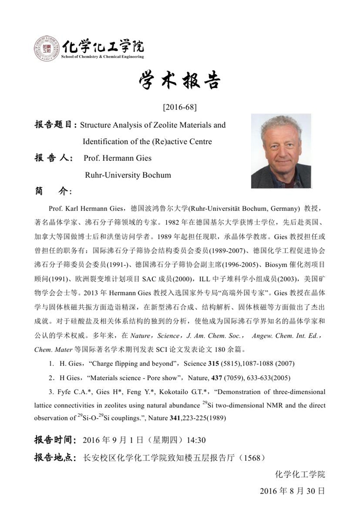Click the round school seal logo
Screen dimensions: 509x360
[x=47, y=47]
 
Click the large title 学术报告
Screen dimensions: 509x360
[x=179, y=81]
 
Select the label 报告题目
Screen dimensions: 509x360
[x=55, y=125]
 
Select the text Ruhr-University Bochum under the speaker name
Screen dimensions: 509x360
[x=128, y=174]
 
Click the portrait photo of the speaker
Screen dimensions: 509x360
[x=281, y=151]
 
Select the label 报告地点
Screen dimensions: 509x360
[x=55, y=457]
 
